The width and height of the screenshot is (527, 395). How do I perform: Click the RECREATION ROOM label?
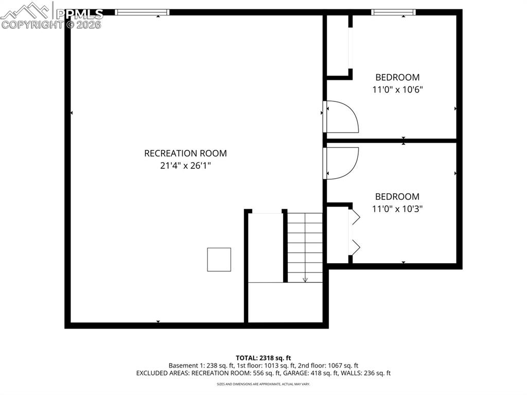(x=185, y=153)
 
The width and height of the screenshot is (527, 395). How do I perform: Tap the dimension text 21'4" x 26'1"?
(x=185, y=166)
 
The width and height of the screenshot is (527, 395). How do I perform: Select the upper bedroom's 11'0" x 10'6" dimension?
(x=397, y=89)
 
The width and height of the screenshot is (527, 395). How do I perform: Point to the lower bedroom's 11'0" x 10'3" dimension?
(x=397, y=209)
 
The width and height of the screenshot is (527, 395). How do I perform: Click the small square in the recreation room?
(x=219, y=259)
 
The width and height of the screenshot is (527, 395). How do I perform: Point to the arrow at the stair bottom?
(x=305, y=279)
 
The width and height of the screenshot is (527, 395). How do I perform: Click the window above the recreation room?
(x=142, y=12)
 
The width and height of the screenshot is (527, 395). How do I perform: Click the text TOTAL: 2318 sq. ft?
(x=263, y=357)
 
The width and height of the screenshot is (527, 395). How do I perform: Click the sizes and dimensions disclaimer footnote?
(x=263, y=384)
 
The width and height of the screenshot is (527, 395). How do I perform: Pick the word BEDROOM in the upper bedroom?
(x=397, y=77)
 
